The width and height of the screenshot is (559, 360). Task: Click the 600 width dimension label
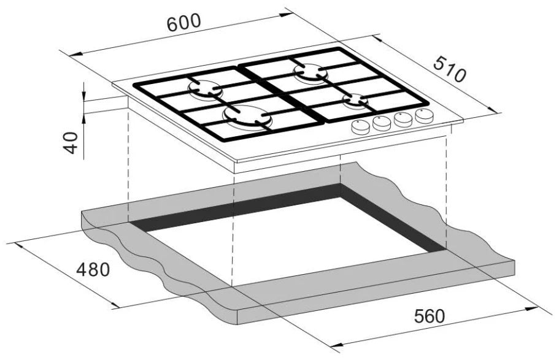pyautogui.click(x=184, y=23)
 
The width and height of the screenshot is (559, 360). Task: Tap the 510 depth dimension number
pyautogui.click(x=450, y=69)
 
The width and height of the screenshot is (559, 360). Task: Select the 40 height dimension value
pyautogui.click(x=71, y=142)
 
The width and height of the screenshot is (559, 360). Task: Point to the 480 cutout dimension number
pyautogui.click(x=93, y=270)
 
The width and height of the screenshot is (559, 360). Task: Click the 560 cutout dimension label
pyautogui.click(x=430, y=316)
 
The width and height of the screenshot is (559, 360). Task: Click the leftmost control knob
pyautogui.click(x=360, y=126)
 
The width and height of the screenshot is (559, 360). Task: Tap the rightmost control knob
pyautogui.click(x=425, y=115)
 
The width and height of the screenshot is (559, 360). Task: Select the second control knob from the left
pyautogui.click(x=382, y=123)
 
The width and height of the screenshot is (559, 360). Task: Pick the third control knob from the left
pyautogui.click(x=403, y=119)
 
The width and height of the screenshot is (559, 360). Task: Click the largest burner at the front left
pyautogui.click(x=247, y=117)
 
